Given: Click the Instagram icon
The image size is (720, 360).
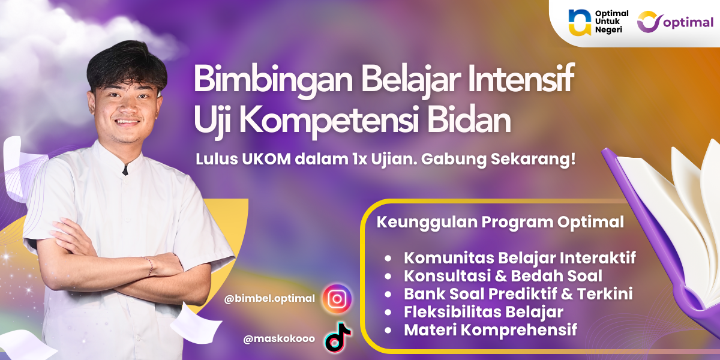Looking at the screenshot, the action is coord(337,299).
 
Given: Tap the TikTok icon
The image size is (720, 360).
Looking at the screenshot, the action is coord(337,337).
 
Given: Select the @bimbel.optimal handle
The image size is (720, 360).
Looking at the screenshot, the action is coord(269,299).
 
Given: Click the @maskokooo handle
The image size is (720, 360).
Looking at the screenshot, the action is coord(279,339).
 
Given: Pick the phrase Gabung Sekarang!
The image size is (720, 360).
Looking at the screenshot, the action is coord(498,160).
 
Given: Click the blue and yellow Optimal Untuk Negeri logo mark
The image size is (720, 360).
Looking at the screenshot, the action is coord(580,22).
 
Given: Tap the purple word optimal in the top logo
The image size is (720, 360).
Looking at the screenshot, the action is coord(688,23).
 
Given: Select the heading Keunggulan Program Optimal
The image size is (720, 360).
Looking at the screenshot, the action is coord(500,223).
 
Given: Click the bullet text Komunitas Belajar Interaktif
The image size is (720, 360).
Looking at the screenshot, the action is coord(520,258).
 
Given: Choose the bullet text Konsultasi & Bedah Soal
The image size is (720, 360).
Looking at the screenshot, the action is coord(503,276).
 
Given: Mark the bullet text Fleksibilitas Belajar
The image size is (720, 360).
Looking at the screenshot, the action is coord(484,312).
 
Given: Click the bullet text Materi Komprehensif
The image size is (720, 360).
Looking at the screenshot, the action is coord(491,330).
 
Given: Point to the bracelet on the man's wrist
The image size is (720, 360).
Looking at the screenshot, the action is coord(149,266).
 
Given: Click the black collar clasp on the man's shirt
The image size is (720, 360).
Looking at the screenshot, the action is coord(125,170).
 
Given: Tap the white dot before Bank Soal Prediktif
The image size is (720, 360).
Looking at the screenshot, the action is coord(388,294).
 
